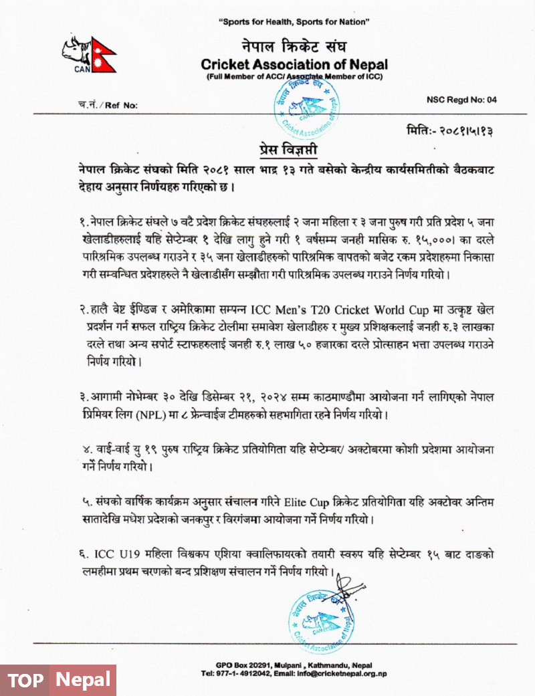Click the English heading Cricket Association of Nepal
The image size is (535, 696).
294,65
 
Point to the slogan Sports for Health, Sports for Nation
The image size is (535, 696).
294,22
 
